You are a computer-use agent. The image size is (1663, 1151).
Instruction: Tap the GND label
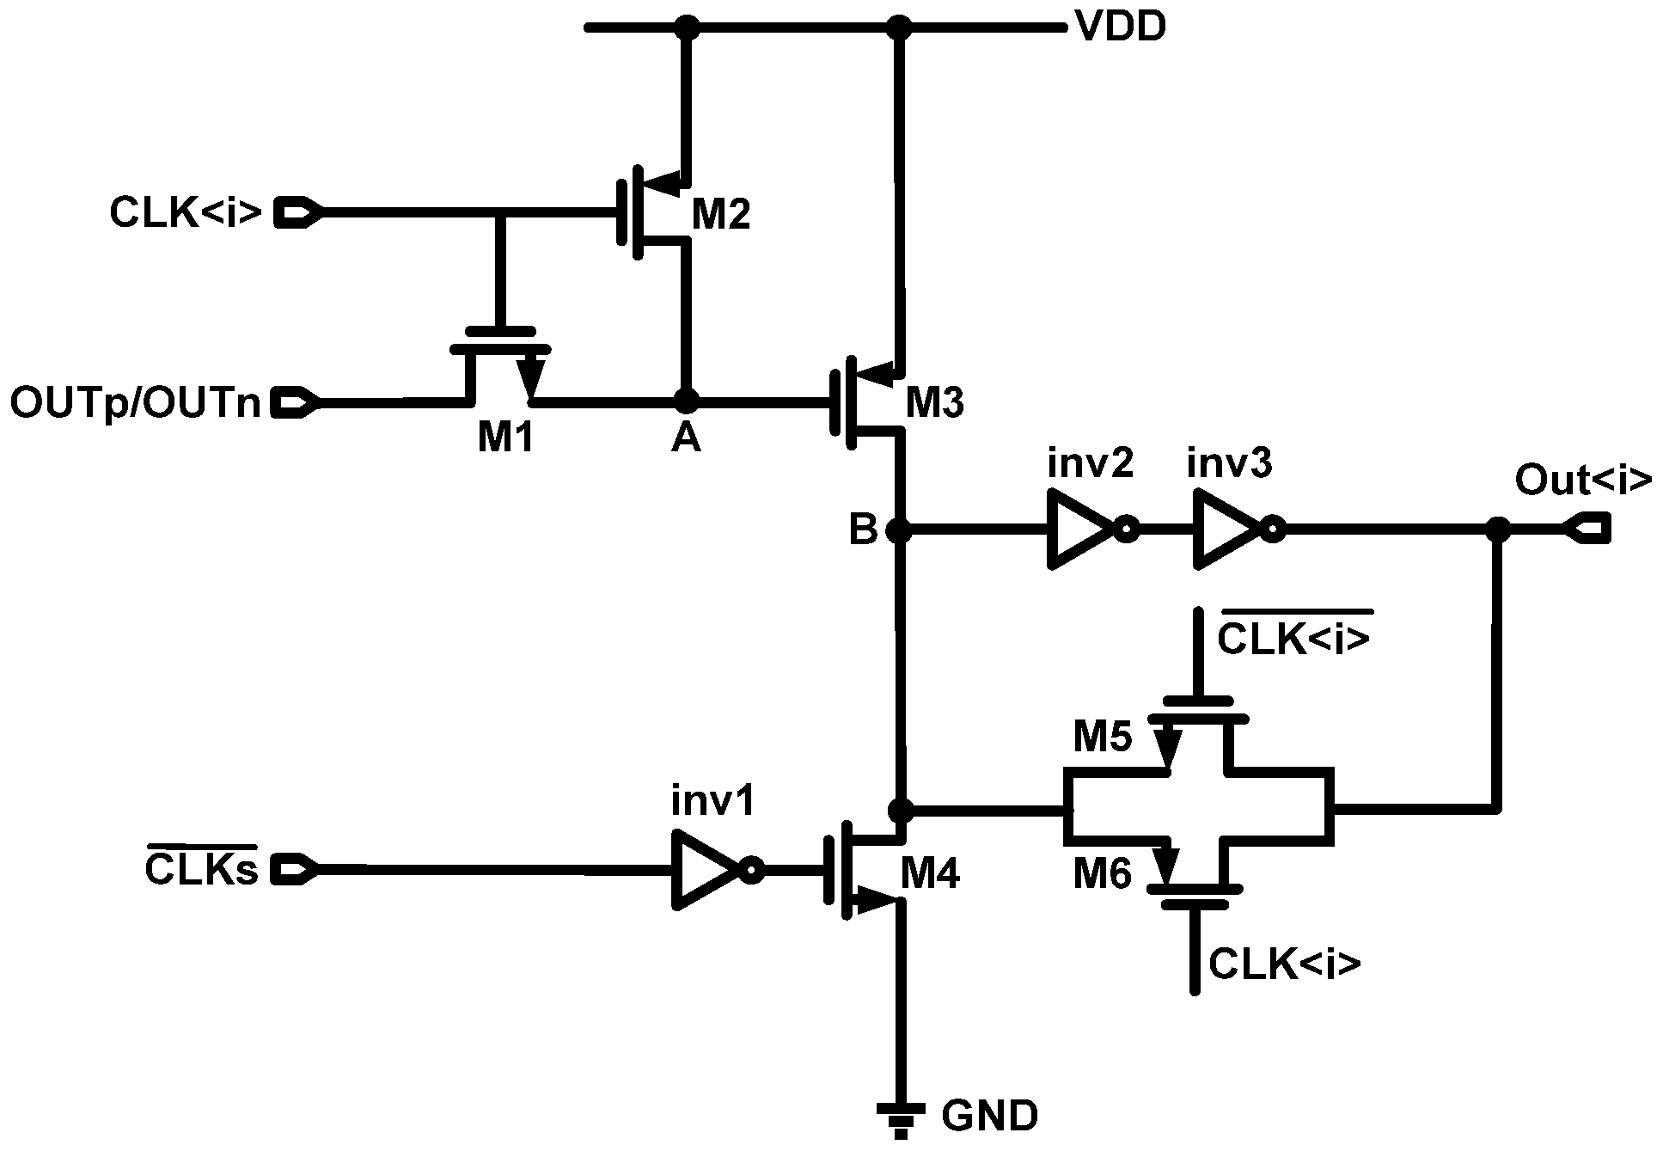click(x=989, y=1117)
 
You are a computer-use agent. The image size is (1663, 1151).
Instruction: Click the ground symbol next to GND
click(x=900, y=1118)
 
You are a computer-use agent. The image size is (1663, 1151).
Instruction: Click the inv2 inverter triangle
click(x=1079, y=530)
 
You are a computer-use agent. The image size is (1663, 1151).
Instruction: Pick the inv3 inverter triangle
click(x=1226, y=530)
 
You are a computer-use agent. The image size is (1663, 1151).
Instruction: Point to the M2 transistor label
click(x=720, y=214)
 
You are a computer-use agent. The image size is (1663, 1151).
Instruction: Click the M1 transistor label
click(x=505, y=438)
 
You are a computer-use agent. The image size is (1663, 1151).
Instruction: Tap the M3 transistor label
click(x=935, y=402)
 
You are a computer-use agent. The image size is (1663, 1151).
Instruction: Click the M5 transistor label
click(x=1103, y=737)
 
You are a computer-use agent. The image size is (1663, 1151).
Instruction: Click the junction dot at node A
click(x=685, y=400)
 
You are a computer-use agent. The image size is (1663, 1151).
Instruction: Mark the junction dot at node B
click(x=898, y=530)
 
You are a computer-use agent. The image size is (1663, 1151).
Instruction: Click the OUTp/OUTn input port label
click(x=136, y=402)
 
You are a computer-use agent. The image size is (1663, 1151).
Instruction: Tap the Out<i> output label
click(x=1582, y=480)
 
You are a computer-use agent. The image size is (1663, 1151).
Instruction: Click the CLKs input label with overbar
click(x=201, y=868)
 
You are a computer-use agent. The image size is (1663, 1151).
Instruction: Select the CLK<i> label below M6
click(x=1285, y=965)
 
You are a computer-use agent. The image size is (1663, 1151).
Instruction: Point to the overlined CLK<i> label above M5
click(x=1293, y=639)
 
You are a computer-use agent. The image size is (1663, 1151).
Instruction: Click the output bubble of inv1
click(x=752, y=872)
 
